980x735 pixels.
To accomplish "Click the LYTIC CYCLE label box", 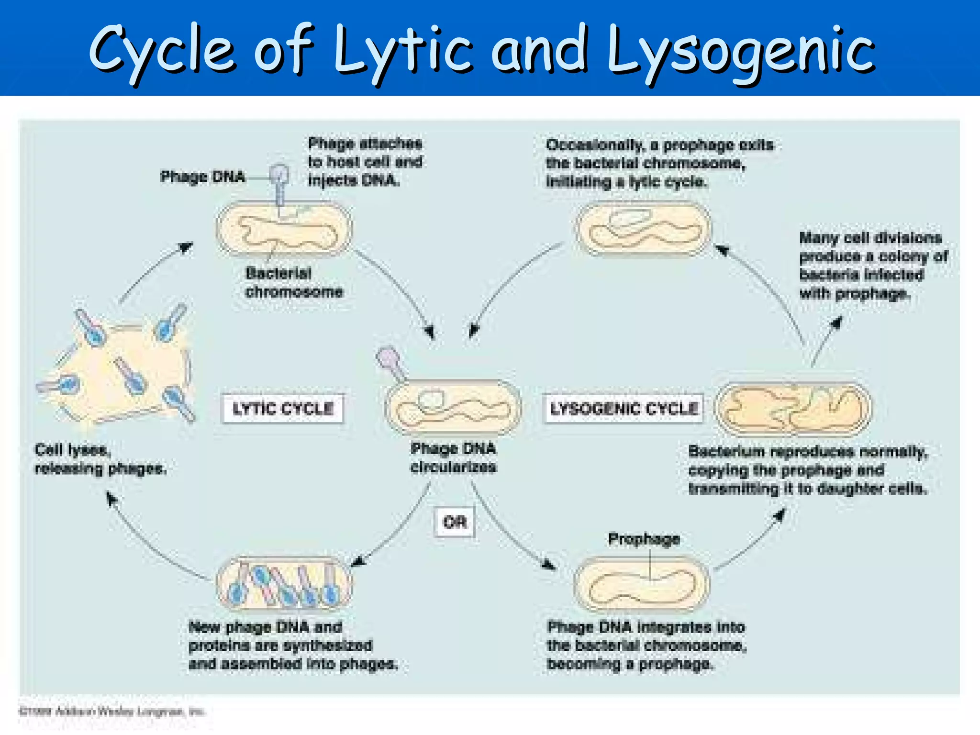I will pos(282,409).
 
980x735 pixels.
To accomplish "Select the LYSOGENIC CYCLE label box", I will pos(624,409).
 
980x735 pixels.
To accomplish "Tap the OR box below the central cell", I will pos(455,522).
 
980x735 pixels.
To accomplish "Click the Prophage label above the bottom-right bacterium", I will pos(644,539).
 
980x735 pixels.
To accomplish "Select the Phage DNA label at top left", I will pos(202,177).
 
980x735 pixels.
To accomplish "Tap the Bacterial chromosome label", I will pos(293,282).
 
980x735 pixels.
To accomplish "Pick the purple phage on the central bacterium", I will pos(390,363).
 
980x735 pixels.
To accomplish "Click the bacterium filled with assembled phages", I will pos(284,583).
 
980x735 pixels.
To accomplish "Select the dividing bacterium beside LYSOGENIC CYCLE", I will pos(793,409).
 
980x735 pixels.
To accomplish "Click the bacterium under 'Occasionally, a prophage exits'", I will pos(643,229).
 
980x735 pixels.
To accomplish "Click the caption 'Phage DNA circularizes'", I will pos(453,458).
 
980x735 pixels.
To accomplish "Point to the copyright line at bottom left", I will pos(111,712).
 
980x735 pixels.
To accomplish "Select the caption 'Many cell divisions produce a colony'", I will pos(873,266).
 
